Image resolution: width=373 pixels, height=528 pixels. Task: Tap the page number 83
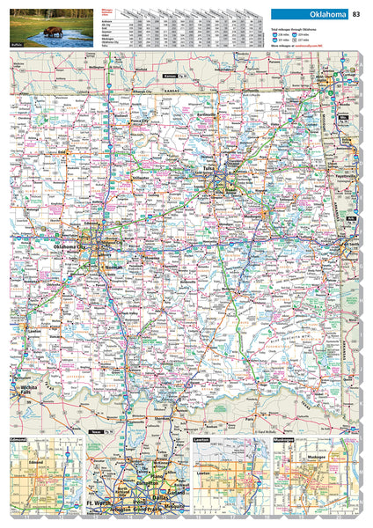point(356,14)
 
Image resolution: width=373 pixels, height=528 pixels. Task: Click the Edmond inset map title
point(19,437)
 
